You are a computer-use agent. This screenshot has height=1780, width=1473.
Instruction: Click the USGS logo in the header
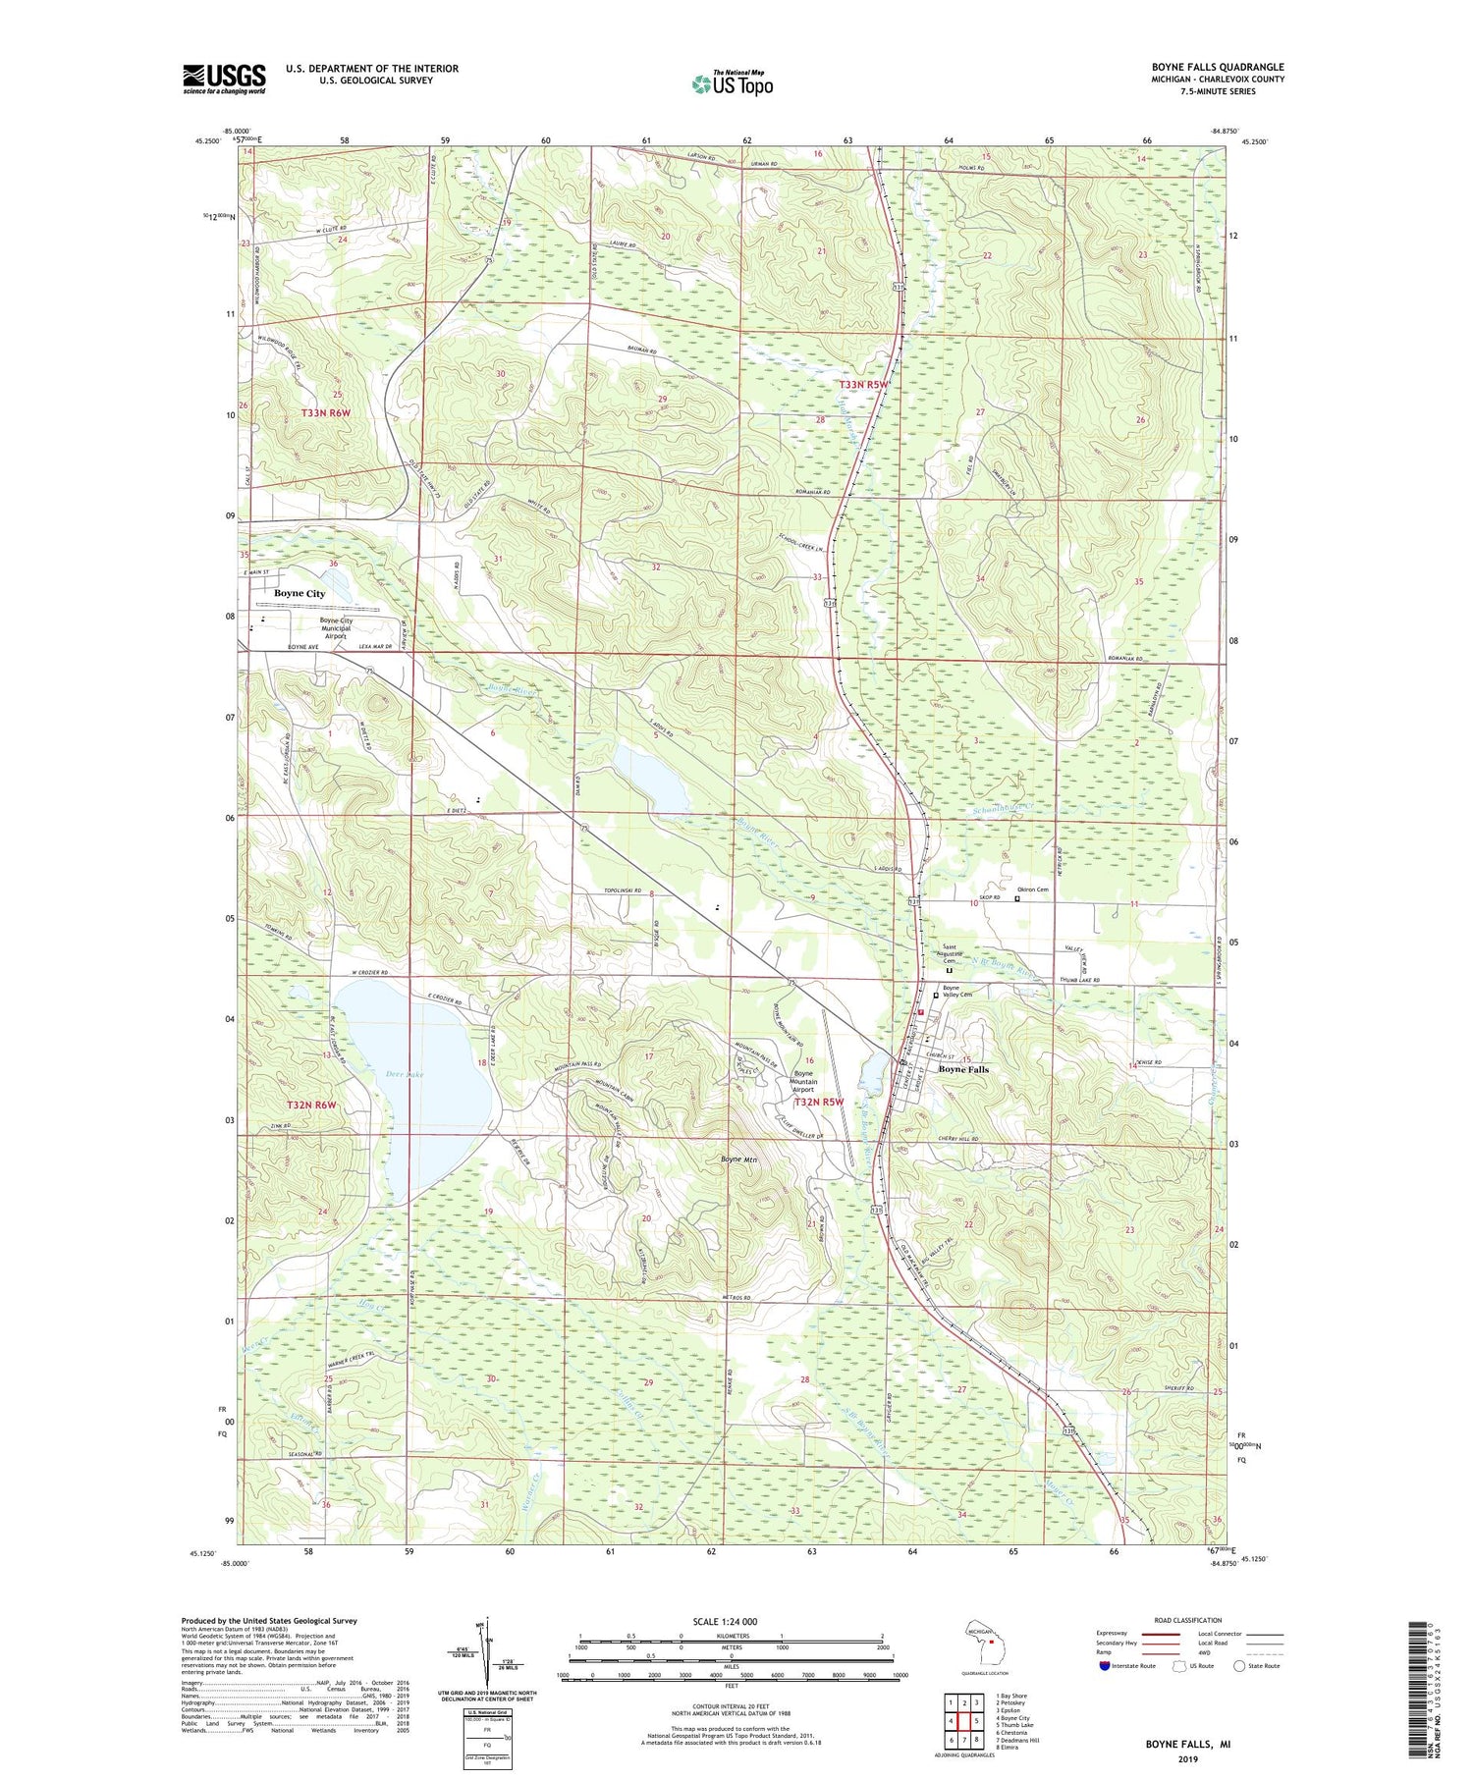[x=224, y=79]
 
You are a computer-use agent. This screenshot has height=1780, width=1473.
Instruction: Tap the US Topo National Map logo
[x=732, y=83]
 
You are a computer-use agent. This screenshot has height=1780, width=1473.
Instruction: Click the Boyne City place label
[x=300, y=594]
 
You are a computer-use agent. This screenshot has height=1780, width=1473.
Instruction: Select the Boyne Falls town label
[x=963, y=1069]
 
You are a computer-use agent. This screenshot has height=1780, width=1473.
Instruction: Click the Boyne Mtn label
[x=739, y=1160]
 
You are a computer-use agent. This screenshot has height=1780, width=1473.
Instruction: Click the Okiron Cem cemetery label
[x=1033, y=890]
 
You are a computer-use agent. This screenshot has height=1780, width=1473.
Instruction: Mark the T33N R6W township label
[x=326, y=414]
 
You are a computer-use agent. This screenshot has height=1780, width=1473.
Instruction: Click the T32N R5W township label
[x=819, y=1103]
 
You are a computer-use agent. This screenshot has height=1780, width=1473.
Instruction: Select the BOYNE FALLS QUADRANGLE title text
[x=1218, y=67]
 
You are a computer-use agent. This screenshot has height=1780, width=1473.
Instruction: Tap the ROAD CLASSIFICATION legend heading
[x=1188, y=1620]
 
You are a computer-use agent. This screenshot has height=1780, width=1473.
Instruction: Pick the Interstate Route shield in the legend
[x=1104, y=1666]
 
